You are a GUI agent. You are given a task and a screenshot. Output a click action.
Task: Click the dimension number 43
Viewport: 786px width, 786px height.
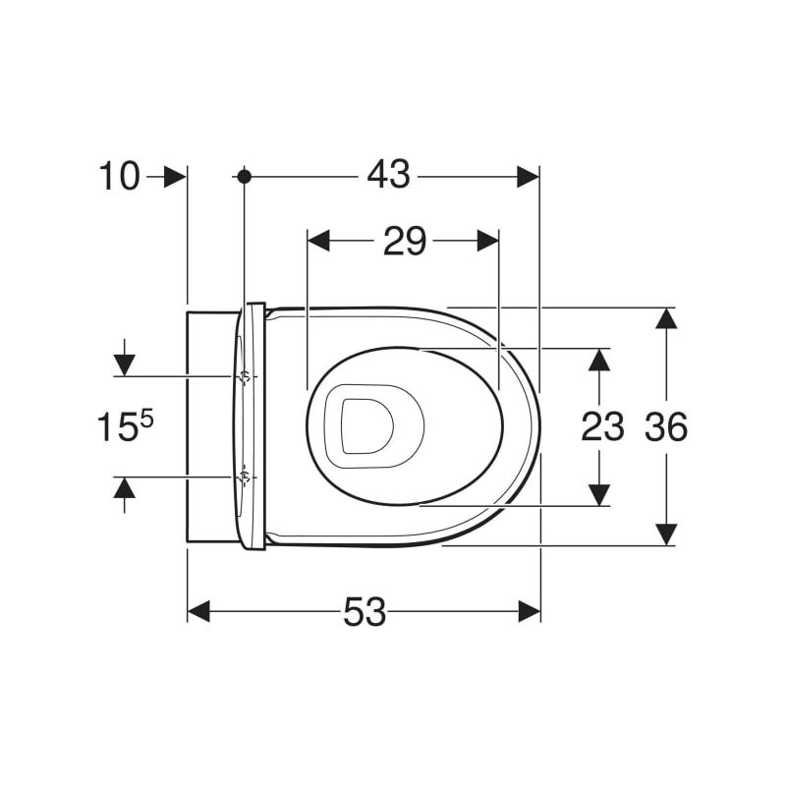pyautogui.click(x=388, y=175)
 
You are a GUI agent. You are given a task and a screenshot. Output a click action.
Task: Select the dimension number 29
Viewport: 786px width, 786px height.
pyautogui.click(x=405, y=241)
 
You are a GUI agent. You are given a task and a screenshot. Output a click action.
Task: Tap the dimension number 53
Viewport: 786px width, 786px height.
pyautogui.click(x=365, y=612)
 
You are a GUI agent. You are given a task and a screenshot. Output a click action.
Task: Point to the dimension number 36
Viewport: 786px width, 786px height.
pyautogui.click(x=666, y=427)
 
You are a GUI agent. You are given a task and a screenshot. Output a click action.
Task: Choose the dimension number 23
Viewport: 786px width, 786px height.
pyautogui.click(x=602, y=427)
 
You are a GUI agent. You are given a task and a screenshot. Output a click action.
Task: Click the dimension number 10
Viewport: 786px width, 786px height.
pyautogui.click(x=119, y=177)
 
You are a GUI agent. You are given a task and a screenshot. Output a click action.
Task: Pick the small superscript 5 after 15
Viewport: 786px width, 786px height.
pyautogui.click(x=145, y=419)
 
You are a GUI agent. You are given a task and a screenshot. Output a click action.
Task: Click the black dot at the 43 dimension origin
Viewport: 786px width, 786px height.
pyautogui.click(x=244, y=177)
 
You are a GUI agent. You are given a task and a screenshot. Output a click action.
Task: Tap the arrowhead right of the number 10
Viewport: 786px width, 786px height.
pyautogui.click(x=175, y=177)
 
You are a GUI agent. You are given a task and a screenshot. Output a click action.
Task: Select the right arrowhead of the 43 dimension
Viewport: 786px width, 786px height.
pyautogui.click(x=528, y=177)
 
